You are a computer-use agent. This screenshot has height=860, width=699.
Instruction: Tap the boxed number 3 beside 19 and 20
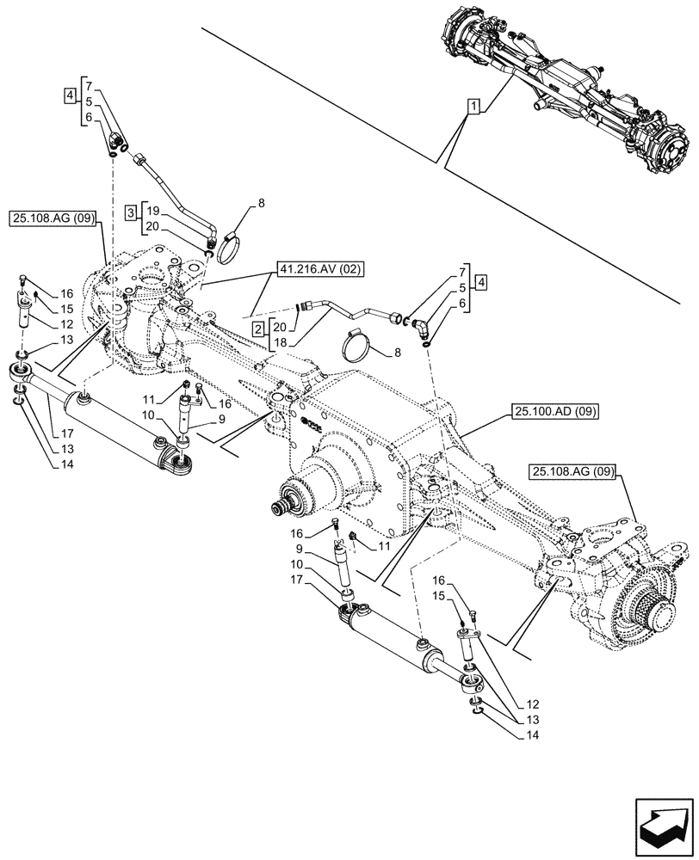(x=129, y=211)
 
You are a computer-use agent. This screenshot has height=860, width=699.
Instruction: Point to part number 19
(x=151, y=211)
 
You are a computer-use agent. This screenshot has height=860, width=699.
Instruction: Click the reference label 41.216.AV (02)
(x=321, y=269)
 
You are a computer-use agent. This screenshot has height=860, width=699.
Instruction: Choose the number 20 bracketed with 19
(x=151, y=225)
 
